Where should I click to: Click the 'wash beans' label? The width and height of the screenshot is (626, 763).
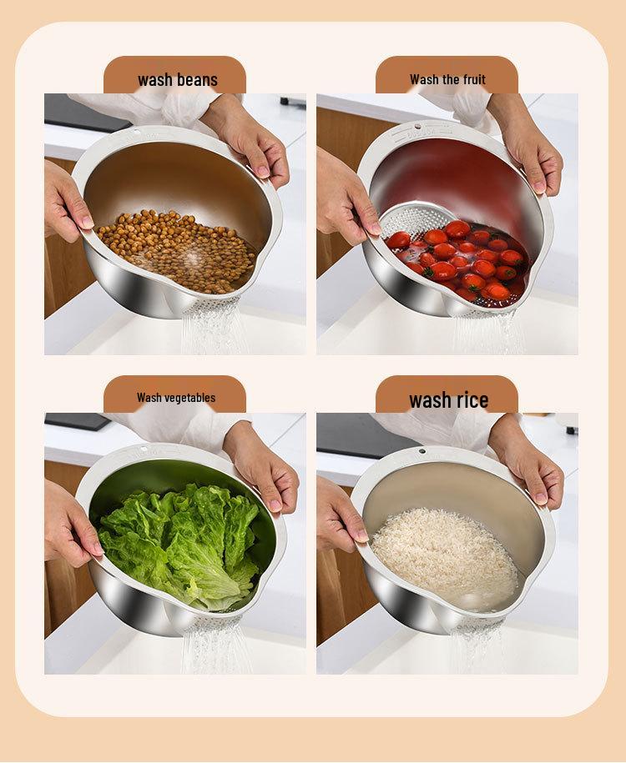coord(177,80)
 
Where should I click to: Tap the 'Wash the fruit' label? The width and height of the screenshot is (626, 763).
coord(447,80)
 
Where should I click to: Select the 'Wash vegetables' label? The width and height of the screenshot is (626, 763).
coord(176,398)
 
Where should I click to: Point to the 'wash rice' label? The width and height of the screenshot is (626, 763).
coord(448,399)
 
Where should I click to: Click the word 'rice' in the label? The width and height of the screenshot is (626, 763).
coord(472,399)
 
